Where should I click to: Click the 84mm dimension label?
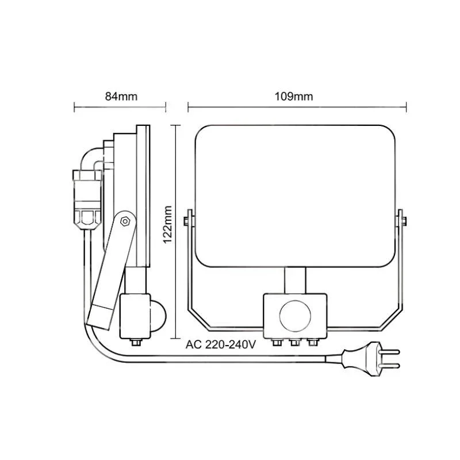tap(121, 97)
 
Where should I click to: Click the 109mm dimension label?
tap(294, 97)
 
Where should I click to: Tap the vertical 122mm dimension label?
tap(167, 224)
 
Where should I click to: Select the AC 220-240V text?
tap(221, 344)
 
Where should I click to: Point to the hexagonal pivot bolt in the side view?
tap(125, 221)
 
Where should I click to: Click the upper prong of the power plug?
tap(390, 352)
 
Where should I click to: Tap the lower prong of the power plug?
tap(390, 366)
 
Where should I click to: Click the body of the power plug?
tap(361, 359)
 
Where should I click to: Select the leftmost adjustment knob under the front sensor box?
tap(277, 342)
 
